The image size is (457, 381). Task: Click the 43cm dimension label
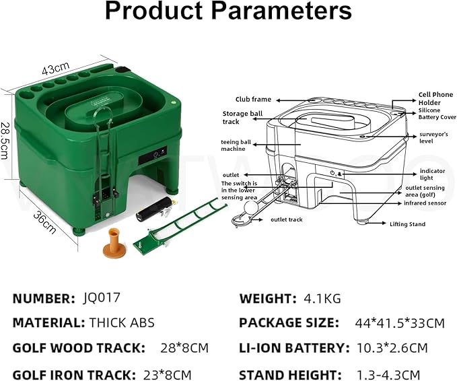56,68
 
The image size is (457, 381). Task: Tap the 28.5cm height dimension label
5,141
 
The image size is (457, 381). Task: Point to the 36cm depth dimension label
44,223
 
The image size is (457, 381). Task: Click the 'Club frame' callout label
253,100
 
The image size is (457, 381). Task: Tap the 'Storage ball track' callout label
242,118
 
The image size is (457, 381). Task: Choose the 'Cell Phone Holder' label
435,98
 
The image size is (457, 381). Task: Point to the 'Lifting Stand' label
407,224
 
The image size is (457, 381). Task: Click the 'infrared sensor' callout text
425,203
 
